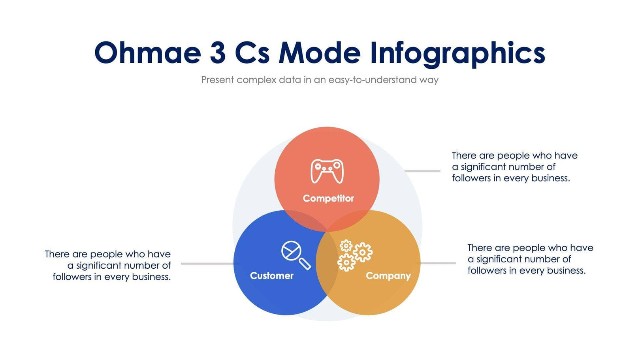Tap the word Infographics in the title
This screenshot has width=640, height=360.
click(457, 54)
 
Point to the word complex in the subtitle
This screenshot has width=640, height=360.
click(256, 80)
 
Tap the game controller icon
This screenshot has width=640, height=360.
click(327, 171)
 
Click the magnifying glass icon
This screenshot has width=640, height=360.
click(296, 254)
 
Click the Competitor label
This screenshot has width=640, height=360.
click(328, 198)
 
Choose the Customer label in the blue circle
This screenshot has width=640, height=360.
click(271, 276)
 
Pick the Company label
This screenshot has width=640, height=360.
click(388, 276)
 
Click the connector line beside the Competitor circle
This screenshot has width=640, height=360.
click(423, 171)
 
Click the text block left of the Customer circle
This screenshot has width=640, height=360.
click(108, 265)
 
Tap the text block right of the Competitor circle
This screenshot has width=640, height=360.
click(514, 167)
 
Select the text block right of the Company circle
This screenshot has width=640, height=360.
click(530, 259)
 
